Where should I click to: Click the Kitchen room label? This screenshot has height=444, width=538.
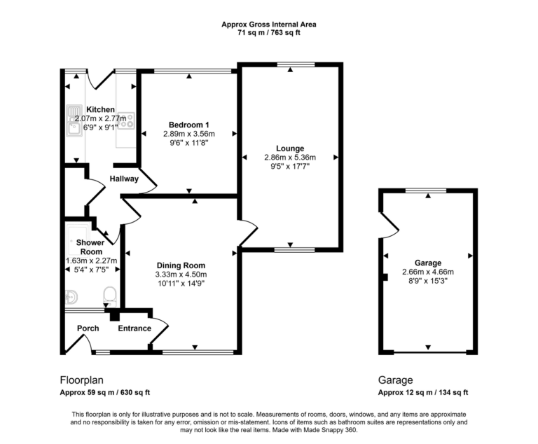[100, 110]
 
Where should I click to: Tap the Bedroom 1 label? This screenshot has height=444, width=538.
[188, 124]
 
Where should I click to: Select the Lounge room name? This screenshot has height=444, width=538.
[289, 148]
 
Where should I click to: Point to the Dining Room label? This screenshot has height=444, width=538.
[181, 265]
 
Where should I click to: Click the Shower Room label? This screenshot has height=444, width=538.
[90, 247]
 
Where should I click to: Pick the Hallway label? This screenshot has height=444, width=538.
[124, 179]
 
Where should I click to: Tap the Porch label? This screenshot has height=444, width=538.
[88, 328]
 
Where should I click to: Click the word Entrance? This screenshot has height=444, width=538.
[134, 328]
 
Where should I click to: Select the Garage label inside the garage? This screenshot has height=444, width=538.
[427, 263]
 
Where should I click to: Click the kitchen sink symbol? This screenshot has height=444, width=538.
[73, 120]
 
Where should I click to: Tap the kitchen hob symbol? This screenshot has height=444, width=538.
[126, 120]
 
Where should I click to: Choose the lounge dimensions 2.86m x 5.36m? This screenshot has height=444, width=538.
[289, 158]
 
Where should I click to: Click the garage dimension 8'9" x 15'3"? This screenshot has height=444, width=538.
[427, 281]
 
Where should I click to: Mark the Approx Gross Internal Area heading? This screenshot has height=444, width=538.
[269, 24]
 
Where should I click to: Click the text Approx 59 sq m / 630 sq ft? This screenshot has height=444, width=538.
[104, 393]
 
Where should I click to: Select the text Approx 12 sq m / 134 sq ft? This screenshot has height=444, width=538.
[423, 393]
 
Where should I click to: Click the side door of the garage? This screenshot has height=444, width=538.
[388, 223]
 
